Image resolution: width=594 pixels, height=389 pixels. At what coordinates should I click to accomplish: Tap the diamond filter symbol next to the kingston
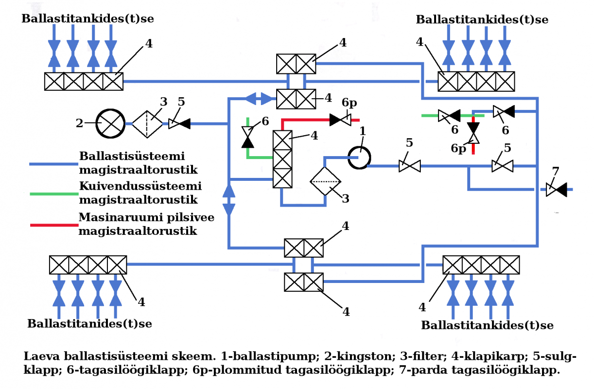pos(147,123)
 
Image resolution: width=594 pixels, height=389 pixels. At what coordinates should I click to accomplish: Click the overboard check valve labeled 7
pos(556,189)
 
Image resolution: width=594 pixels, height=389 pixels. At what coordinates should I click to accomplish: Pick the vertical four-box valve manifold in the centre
pos(283,160)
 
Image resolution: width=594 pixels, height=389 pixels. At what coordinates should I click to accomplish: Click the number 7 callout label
pos(555,171)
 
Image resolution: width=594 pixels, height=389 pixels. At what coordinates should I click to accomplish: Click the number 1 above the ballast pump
pos(362,131)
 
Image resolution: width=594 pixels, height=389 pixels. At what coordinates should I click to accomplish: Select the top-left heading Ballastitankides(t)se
pos(88,19)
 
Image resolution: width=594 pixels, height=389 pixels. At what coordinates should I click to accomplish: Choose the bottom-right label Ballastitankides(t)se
pos(487,326)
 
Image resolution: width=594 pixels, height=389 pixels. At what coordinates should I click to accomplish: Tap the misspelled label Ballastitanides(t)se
pos(90,324)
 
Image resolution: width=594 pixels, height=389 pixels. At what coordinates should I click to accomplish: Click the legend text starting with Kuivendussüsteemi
pos(141,187)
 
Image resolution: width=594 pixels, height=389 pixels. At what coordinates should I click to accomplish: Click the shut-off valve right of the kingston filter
pos(179,123)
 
